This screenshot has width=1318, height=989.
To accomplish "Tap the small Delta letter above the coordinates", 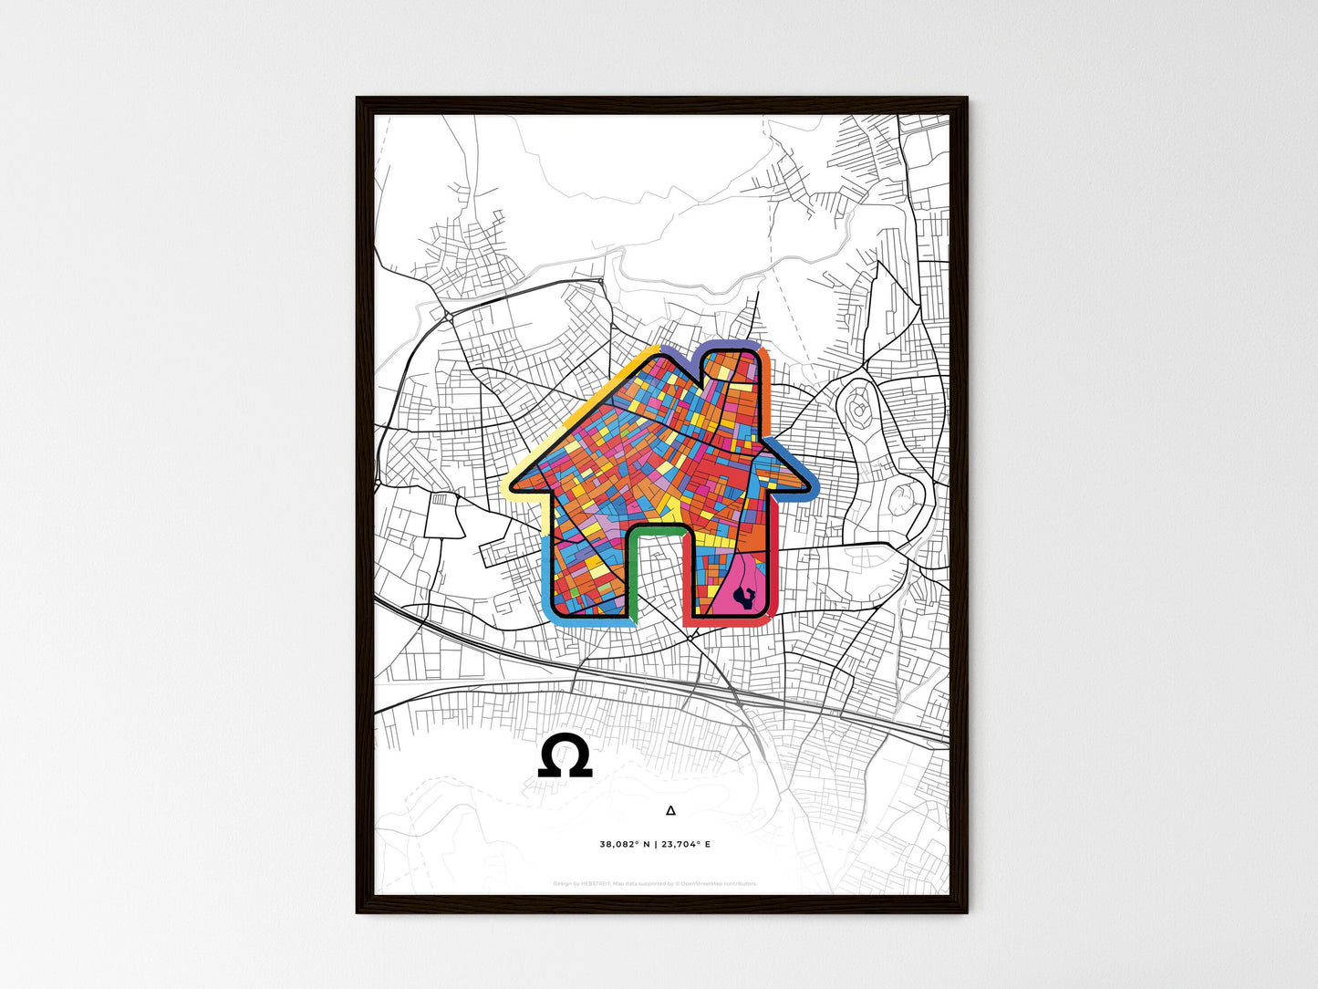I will pyautogui.click(x=671, y=810).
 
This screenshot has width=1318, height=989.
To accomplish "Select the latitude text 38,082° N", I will pyautogui.click(x=625, y=845).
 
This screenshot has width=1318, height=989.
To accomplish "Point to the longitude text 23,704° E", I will pyautogui.click(x=685, y=845).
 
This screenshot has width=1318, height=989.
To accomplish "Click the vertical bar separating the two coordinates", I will pyautogui.click(x=655, y=845).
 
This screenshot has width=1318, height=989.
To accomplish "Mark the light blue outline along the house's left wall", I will pyautogui.click(x=546, y=575).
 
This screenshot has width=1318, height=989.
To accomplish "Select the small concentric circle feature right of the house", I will pyautogui.click(x=858, y=411).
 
